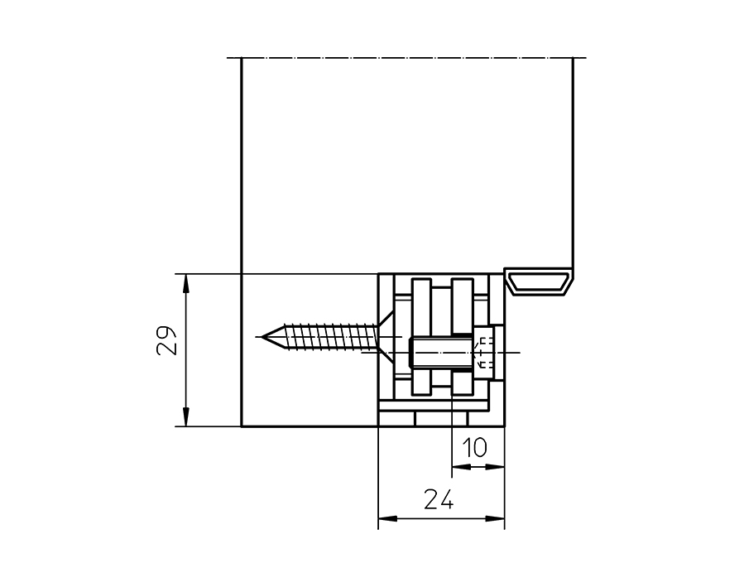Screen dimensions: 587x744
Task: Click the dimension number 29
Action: point(167,339)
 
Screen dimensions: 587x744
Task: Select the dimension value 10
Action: point(474,448)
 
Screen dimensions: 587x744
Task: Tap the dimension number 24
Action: point(439,499)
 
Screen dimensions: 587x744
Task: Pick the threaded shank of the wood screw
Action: point(327,337)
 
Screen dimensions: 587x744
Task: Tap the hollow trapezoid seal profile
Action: point(540,281)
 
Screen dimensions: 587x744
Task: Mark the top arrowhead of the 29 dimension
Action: point(186,281)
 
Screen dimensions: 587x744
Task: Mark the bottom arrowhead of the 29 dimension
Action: point(186,419)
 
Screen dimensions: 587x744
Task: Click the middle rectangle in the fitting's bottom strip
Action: point(432,419)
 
